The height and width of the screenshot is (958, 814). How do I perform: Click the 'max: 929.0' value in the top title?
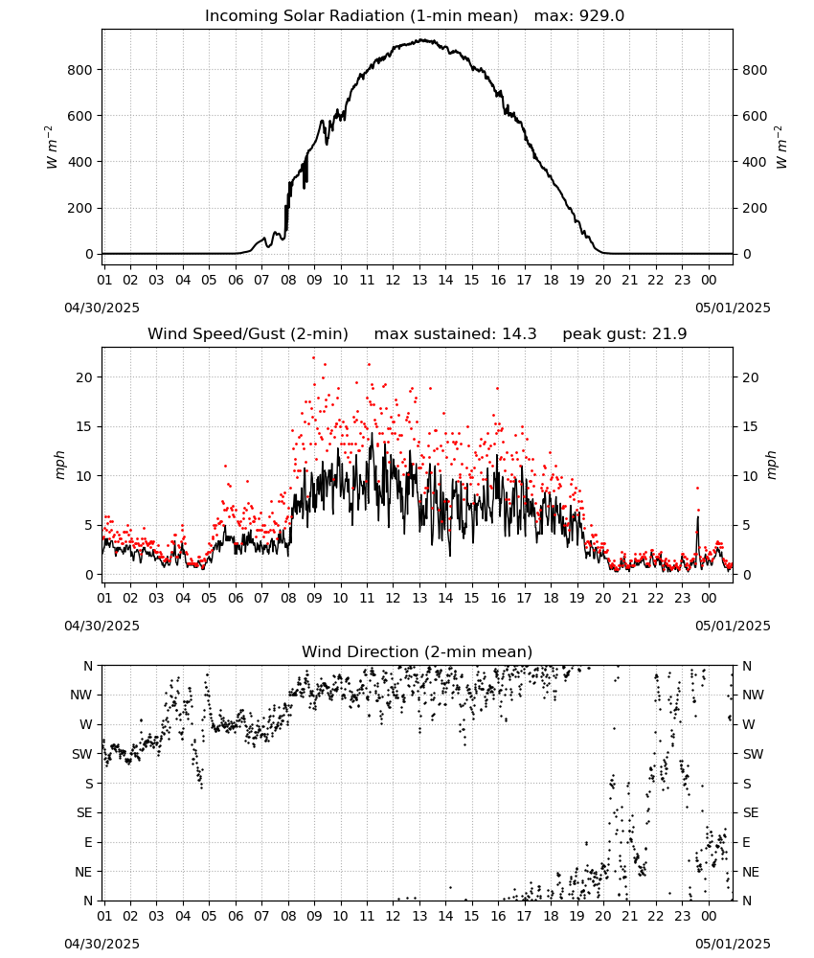click(x=579, y=16)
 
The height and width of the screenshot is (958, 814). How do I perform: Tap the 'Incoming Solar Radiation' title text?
click(x=305, y=16)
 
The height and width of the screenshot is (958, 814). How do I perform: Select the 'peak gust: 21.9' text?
click(x=624, y=334)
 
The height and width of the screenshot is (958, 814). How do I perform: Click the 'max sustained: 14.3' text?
click(x=456, y=334)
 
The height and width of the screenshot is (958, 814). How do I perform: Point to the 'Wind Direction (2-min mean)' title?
click(x=418, y=651)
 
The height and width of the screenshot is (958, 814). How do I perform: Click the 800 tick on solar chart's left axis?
click(x=79, y=70)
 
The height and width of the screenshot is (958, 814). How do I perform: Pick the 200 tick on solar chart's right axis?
click(x=755, y=208)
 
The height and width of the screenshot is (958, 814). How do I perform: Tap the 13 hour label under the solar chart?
click(x=419, y=280)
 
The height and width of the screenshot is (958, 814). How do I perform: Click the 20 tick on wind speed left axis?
click(x=84, y=377)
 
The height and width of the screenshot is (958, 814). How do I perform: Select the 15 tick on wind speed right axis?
click(x=751, y=426)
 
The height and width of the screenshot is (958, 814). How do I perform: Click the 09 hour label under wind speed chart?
click(x=314, y=598)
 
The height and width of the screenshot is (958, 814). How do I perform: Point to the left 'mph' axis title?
click(x=59, y=465)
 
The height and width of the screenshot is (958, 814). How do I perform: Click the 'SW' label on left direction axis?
click(x=82, y=754)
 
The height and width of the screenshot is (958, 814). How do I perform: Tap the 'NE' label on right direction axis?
click(x=751, y=872)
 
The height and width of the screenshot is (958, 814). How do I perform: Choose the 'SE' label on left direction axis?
click(x=84, y=812)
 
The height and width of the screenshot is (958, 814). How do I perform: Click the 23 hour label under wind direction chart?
click(x=682, y=915)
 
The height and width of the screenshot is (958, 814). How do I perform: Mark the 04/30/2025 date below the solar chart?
click(x=102, y=308)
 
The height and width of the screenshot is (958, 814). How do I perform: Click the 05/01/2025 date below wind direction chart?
click(x=733, y=944)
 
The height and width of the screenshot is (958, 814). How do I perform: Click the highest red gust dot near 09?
click(x=314, y=358)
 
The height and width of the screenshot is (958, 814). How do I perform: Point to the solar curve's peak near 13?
click(x=420, y=40)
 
